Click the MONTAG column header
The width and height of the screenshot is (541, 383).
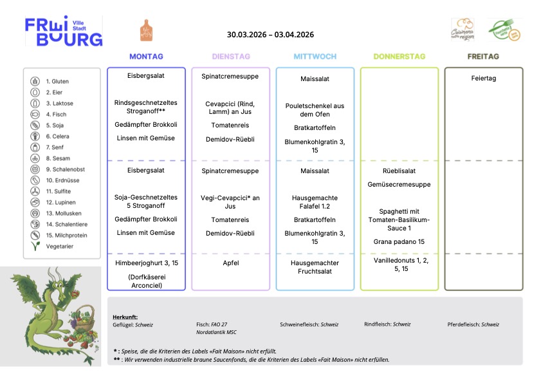[146, 57]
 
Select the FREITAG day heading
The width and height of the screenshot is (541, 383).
[483, 57]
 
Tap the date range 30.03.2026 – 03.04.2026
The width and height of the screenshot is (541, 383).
[270, 35]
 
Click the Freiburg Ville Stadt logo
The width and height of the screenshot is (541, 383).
[64, 32]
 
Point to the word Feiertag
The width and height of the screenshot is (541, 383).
[483, 78]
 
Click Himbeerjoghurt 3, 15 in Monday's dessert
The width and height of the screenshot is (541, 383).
[146, 263]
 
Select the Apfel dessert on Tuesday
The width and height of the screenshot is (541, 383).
[231, 263]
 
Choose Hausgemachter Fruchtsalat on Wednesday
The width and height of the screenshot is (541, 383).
[315, 267]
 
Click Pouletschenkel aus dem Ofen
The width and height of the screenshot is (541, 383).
[315, 110]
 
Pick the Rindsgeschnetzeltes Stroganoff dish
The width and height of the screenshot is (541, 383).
[146, 106]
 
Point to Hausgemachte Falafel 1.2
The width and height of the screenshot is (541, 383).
[315, 202]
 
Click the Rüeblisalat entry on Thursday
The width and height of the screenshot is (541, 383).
[399, 171]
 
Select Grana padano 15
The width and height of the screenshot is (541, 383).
[399, 242]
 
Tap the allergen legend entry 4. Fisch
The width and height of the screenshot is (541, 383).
[56, 115]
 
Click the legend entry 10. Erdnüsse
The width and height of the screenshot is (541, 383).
[59, 180]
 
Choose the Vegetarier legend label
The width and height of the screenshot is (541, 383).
[59, 247]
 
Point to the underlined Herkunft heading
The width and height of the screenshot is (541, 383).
[125, 317]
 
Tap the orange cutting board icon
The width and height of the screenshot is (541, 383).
[147, 30]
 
